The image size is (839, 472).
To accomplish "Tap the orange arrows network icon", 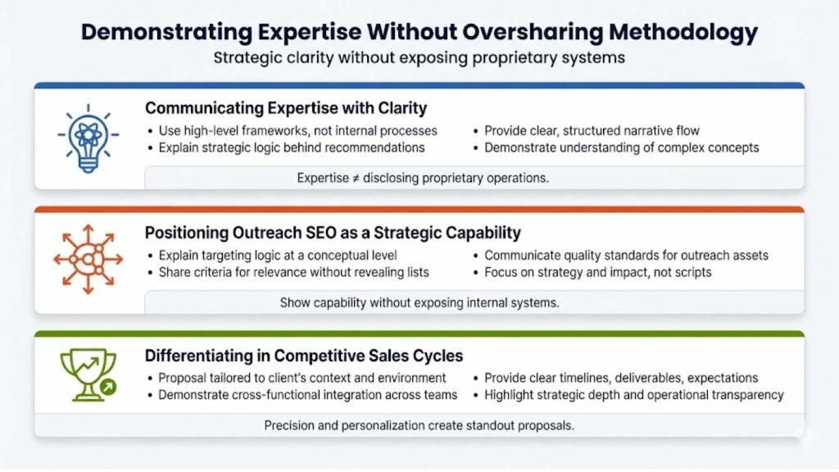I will (x=88, y=259).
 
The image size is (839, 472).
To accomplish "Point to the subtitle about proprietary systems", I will (x=419, y=58).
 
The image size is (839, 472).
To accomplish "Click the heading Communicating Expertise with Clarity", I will (x=286, y=108).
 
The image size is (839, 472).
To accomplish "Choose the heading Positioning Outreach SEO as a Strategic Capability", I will (x=333, y=233).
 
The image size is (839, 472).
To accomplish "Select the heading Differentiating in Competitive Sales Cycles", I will (x=304, y=356).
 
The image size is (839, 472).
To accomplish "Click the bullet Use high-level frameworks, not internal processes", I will (x=297, y=130).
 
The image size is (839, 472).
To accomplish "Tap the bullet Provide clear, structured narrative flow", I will (x=592, y=130).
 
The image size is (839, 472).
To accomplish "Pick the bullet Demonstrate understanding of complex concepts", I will (x=621, y=147).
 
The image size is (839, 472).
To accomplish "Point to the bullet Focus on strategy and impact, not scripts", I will (x=599, y=272).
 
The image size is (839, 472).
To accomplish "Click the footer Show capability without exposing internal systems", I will (x=419, y=302).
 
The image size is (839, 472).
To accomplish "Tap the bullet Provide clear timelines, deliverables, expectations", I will (x=620, y=378).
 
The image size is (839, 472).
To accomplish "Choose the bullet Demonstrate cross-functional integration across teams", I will (x=307, y=395).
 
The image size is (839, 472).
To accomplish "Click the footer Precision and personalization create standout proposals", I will (x=419, y=425).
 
